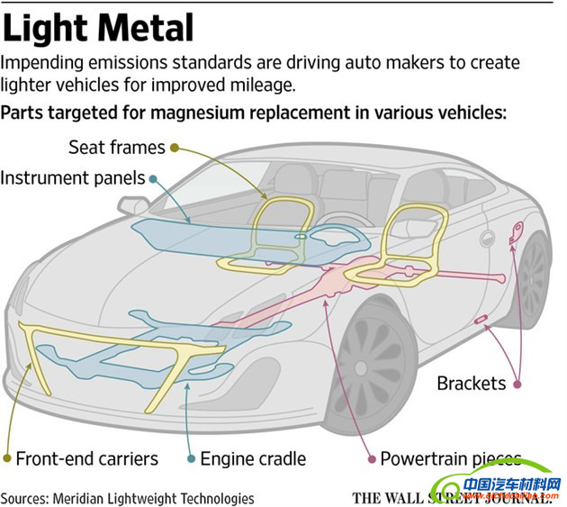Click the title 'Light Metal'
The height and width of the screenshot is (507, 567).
(x=98, y=28)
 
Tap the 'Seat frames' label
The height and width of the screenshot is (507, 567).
(x=116, y=147)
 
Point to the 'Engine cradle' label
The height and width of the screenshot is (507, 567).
(x=253, y=458)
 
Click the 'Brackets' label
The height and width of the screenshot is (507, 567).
(x=471, y=384)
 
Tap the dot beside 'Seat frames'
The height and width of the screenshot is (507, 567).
(x=174, y=147)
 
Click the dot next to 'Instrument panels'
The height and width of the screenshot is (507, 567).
(x=154, y=178)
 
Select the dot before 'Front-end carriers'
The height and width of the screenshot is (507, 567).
(x=8, y=458)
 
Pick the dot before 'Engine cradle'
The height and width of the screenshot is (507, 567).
(x=191, y=458)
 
